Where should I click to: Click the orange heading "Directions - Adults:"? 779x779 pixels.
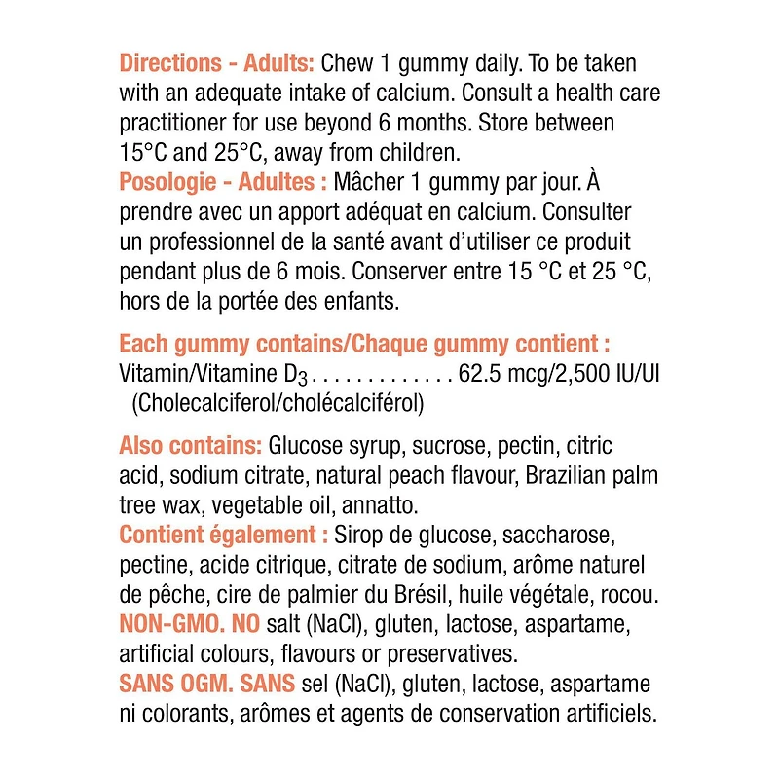[x=216, y=64]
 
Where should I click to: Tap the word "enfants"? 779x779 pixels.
[x=358, y=302]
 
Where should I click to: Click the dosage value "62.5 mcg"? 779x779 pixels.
[x=499, y=373]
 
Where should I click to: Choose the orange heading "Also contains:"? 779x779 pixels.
[x=190, y=446]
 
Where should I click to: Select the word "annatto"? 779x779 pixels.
[x=384, y=505]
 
